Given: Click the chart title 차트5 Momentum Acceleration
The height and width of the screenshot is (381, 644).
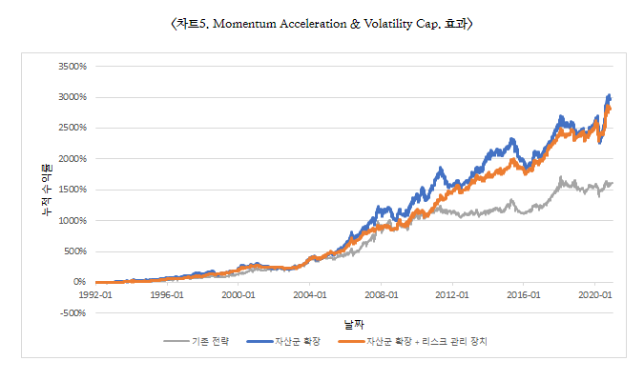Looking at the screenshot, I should [321, 23].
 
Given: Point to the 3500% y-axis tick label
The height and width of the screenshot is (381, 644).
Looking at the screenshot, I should [73, 67].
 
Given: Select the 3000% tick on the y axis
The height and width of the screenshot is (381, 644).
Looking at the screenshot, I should [73, 97].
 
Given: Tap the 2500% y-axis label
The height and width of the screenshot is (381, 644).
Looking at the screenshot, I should [73, 128].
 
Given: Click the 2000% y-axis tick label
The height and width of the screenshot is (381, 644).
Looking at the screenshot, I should [73, 159].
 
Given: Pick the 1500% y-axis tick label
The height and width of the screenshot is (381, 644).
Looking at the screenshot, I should [73, 190].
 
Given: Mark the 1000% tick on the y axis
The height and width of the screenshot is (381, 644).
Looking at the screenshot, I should [73, 220].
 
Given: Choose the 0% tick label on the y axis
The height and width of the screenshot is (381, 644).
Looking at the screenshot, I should [80, 282].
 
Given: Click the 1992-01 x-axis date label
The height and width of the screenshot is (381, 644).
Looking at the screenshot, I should [95, 295].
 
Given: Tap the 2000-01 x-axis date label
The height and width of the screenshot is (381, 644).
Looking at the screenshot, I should [239, 295].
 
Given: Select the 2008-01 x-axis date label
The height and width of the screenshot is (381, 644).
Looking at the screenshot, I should [381, 295].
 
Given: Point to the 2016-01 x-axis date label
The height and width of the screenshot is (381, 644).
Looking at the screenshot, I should [524, 295].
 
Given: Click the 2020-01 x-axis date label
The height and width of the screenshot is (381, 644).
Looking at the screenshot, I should [594, 295].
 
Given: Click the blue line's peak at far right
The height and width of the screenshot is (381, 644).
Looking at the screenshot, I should [609, 96].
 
